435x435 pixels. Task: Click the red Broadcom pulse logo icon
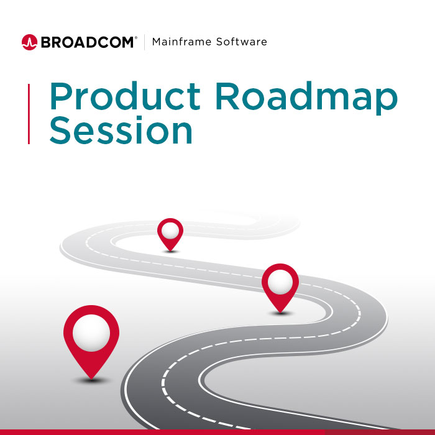point(29,42)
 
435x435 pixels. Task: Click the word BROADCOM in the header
point(88,42)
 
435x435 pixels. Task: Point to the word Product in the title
point(124,97)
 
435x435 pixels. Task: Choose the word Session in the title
point(121,131)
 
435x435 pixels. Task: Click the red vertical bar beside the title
point(29,114)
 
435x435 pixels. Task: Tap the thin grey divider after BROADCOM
point(145,42)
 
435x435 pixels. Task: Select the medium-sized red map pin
point(280,286)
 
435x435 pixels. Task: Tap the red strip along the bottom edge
point(217,432)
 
